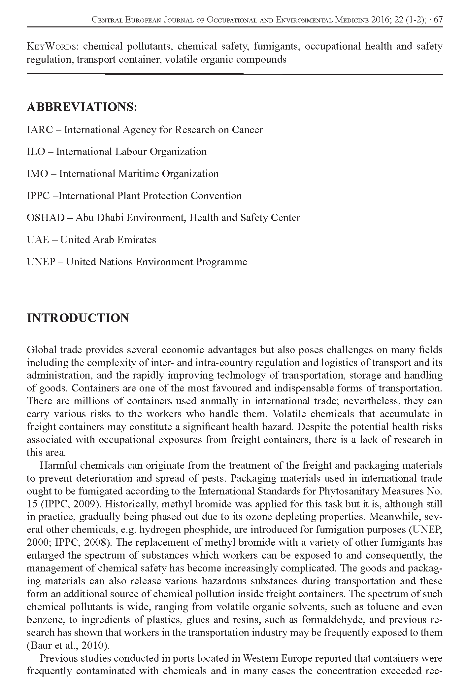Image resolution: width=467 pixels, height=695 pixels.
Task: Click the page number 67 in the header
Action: click(438, 20)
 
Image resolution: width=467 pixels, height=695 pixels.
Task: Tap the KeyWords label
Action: click(52, 46)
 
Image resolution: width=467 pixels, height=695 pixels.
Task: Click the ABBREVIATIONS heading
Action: click(82, 107)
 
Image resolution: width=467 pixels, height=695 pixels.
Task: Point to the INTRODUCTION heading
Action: click(78, 318)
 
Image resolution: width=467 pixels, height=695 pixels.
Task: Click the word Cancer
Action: click(247, 130)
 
